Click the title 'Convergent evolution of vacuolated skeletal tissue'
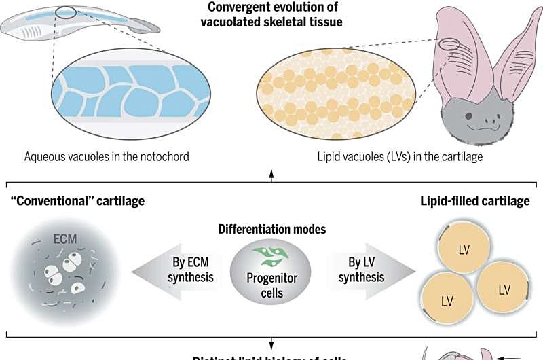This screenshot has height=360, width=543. coord(271,16)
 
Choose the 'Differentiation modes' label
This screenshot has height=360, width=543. coord(271,229)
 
